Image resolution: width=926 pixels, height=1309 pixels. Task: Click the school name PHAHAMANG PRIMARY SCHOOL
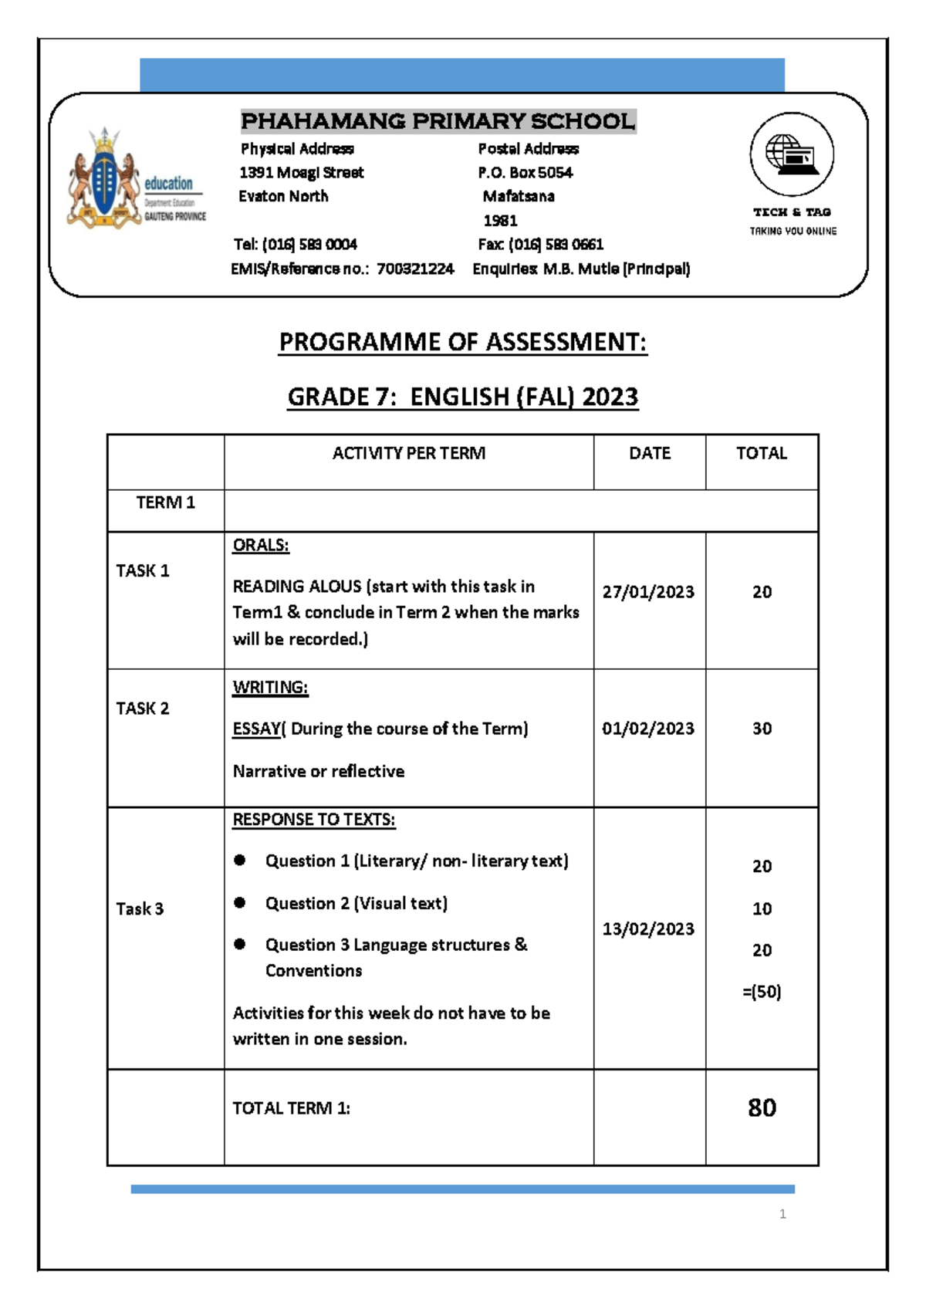pyautogui.click(x=438, y=121)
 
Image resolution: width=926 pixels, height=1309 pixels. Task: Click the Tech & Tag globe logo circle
pyautogui.click(x=792, y=154)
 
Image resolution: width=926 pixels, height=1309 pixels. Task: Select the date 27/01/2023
pyautogui.click(x=648, y=592)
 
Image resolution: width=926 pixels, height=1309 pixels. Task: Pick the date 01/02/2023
pyautogui.click(x=648, y=729)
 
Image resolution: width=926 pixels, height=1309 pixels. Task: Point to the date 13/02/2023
pyautogui.click(x=648, y=928)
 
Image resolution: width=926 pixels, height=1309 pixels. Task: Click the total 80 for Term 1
pyautogui.click(x=762, y=1108)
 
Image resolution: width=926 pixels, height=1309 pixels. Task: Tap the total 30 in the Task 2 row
pyautogui.click(x=762, y=729)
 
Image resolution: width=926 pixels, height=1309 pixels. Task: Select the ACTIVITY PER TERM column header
pyautogui.click(x=408, y=453)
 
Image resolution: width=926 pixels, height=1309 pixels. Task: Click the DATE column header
pyautogui.click(x=649, y=453)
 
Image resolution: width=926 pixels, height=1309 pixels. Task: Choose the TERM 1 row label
pyautogui.click(x=165, y=502)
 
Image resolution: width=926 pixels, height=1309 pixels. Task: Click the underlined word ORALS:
pyautogui.click(x=261, y=545)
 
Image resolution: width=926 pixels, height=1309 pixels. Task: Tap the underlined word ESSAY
pyautogui.click(x=257, y=729)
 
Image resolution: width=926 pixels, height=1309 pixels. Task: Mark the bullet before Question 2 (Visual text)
pyautogui.click(x=240, y=902)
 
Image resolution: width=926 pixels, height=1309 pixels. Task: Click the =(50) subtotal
pyautogui.click(x=762, y=992)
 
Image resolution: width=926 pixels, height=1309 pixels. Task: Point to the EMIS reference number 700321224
pyautogui.click(x=415, y=269)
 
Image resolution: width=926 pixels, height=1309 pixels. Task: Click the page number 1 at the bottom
pyautogui.click(x=782, y=1214)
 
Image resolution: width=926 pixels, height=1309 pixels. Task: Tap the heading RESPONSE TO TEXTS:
pyautogui.click(x=313, y=820)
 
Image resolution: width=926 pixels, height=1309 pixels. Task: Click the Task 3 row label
pyautogui.click(x=140, y=908)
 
